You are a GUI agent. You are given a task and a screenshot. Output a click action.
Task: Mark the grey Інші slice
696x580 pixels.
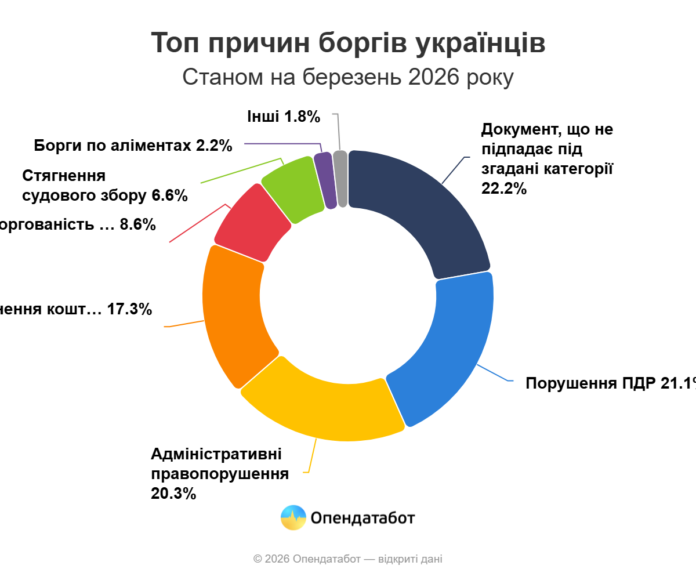[341, 179]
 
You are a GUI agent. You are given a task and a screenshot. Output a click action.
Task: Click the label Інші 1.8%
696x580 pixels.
[284, 117]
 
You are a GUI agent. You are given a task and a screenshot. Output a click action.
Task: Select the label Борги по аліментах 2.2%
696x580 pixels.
[133, 146]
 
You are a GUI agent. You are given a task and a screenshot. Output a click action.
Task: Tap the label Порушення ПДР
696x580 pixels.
[609, 383]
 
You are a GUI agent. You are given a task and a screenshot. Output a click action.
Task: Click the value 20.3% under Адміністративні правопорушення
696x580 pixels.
[173, 494]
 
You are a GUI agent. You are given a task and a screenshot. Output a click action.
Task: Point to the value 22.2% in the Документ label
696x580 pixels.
[504, 188]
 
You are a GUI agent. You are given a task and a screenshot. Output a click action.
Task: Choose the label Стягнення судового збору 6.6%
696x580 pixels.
[104, 186]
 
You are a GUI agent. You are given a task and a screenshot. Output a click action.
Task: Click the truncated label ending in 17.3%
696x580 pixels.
[75, 309]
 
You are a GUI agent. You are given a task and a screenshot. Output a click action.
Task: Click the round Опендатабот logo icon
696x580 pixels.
[293, 517]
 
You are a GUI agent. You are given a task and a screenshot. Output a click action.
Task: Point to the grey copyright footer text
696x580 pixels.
[348, 559]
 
